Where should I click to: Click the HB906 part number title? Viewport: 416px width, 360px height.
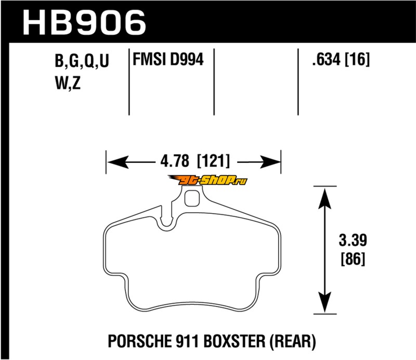84,22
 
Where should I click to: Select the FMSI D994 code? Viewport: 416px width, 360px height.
168,59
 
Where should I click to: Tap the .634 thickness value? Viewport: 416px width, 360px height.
326,59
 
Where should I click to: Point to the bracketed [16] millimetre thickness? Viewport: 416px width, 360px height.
357,59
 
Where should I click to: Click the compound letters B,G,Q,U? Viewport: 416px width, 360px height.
82,61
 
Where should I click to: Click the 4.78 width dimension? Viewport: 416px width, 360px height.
175,161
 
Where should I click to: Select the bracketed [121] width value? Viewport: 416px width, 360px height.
214,161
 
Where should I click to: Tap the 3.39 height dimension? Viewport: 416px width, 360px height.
353,240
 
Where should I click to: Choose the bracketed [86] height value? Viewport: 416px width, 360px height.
353,259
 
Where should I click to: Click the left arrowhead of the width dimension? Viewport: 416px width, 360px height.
118,162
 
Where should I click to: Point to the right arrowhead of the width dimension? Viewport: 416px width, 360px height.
270,162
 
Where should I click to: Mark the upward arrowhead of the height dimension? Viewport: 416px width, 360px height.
324,198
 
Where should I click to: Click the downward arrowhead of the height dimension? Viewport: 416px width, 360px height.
324,302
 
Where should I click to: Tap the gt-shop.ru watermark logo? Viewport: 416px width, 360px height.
207,181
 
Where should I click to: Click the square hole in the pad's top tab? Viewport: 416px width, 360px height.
192,198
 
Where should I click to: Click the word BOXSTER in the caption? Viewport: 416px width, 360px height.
235,341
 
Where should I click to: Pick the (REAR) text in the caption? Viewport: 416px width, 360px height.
293,342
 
